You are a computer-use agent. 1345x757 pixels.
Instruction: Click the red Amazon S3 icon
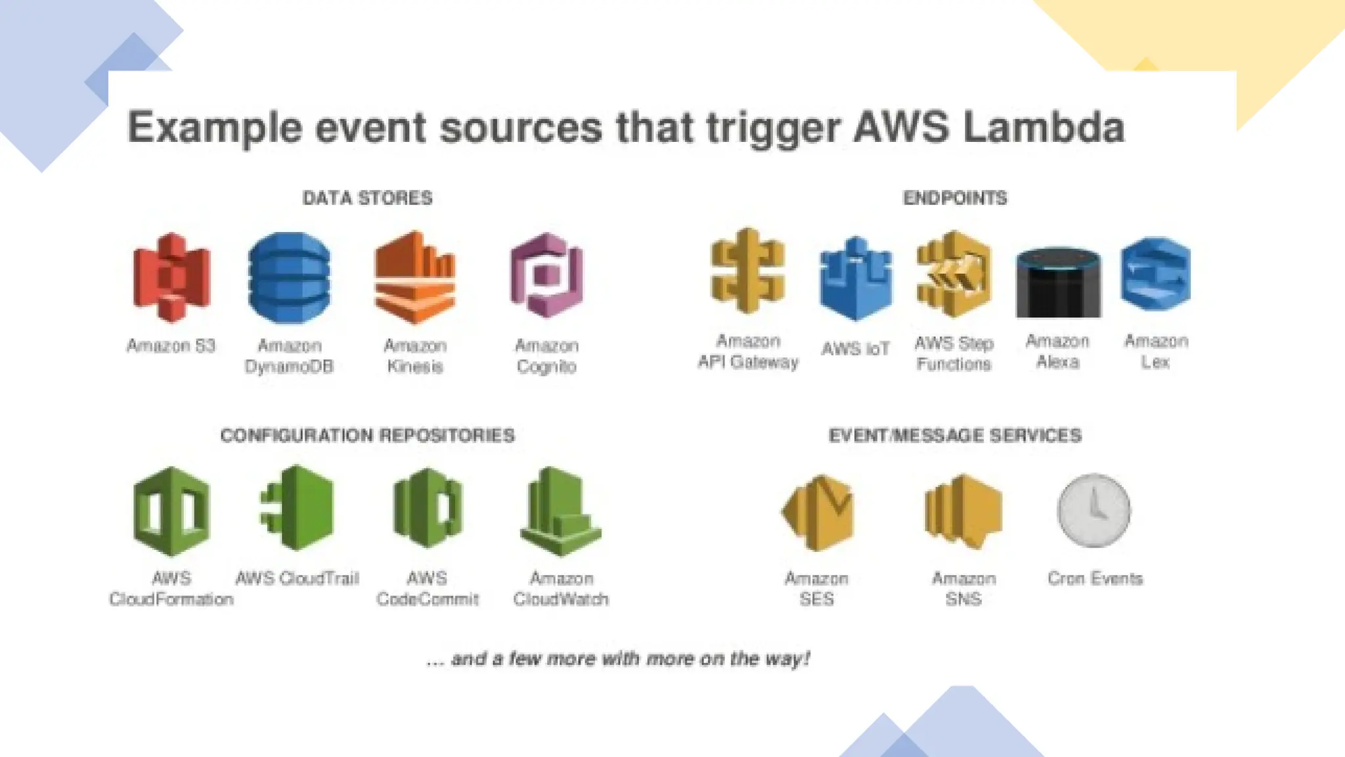point(171,277)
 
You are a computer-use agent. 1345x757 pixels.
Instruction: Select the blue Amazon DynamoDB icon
point(290,278)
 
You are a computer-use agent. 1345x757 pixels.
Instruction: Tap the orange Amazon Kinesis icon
point(415,277)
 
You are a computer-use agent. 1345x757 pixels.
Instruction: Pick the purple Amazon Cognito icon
point(546,276)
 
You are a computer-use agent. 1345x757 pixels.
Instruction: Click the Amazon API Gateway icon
point(747,270)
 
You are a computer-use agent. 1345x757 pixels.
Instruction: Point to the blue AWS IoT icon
point(856,279)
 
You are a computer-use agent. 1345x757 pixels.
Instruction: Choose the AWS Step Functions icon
point(954,274)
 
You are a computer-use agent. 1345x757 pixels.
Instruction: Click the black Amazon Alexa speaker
point(1058,283)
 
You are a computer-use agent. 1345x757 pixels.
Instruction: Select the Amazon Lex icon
point(1156,273)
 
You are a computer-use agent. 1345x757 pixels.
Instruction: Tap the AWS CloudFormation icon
point(171,511)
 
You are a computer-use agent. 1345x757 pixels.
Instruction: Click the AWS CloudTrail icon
point(298,507)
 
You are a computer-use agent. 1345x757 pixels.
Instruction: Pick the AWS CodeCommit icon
point(428,508)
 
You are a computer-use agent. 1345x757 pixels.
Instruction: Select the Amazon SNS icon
point(963,512)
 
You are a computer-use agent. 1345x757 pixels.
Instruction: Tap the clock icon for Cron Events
point(1094,511)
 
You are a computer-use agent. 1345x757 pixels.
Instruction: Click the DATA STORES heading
point(367,198)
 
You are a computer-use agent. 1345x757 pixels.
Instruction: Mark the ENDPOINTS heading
point(955,198)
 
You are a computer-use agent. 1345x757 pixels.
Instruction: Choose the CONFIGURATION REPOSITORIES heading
point(367,435)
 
